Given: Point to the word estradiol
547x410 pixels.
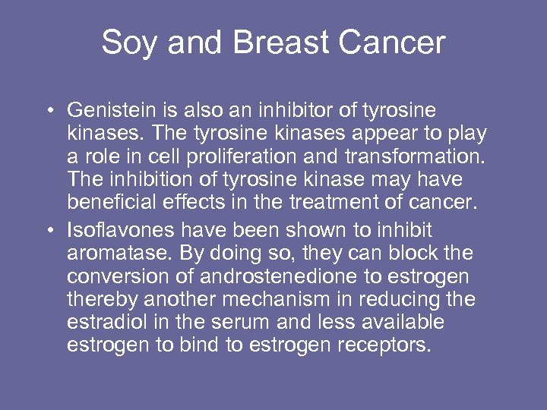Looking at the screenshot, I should [x=105, y=323].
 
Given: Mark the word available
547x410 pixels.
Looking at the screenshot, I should [x=396, y=323].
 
